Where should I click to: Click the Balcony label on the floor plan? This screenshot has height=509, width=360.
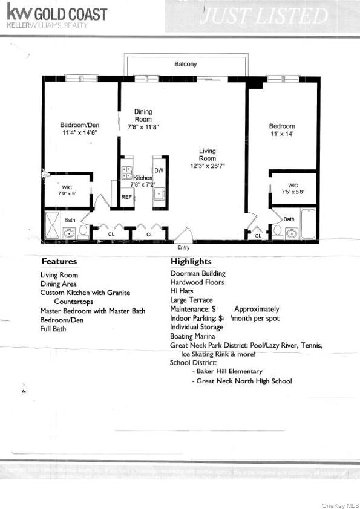pyautogui.click(x=185, y=64)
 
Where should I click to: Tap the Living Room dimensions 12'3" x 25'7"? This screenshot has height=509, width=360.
pyautogui.click(x=208, y=165)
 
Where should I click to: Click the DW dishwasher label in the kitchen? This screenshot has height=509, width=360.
pyautogui.click(x=159, y=171)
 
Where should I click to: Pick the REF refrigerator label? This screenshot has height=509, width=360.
pyautogui.click(x=126, y=197)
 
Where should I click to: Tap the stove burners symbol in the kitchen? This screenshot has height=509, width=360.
pyautogui.click(x=127, y=172)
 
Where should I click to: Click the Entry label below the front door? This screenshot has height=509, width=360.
pyautogui.click(x=183, y=248)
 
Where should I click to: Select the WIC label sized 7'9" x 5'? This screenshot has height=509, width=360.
pyautogui.click(x=67, y=190)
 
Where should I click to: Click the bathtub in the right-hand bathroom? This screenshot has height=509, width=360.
pyautogui.click(x=308, y=224)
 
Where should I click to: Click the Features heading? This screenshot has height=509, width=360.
pyautogui.click(x=59, y=262)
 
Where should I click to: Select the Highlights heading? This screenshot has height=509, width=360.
pyautogui.click(x=191, y=262)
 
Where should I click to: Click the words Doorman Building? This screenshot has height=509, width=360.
pyautogui.click(x=197, y=273)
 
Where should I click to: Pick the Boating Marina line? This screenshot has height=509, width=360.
pyautogui.click(x=192, y=336)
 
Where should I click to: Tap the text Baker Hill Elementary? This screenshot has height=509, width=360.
pyautogui.click(x=229, y=371)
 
